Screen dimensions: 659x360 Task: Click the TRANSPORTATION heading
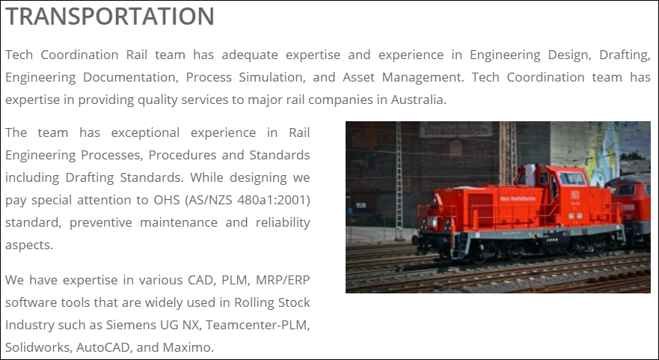(110, 16)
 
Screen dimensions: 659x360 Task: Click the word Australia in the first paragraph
(419, 100)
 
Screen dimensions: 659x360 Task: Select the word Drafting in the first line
(625, 55)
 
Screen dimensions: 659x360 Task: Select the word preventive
(101, 222)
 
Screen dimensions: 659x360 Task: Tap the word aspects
(29, 245)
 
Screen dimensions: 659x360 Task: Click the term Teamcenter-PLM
(257, 325)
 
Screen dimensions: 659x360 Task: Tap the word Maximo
(188, 347)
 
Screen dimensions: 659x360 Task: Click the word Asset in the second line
(358, 77)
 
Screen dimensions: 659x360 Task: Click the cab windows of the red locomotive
(572, 178)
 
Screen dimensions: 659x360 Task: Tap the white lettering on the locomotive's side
(518, 198)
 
